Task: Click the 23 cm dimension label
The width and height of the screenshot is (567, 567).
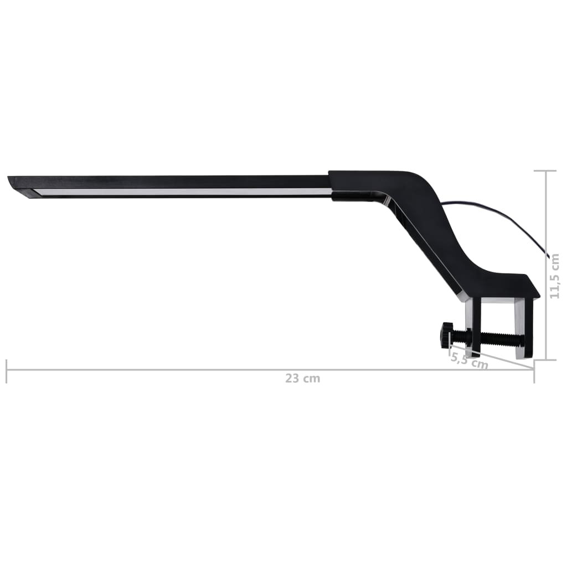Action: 303,379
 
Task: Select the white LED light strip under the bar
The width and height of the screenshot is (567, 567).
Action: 183,192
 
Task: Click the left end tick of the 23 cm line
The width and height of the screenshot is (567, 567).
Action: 7,370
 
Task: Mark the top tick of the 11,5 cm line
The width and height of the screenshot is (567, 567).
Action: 546,171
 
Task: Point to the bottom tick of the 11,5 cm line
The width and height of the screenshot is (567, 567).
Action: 546,360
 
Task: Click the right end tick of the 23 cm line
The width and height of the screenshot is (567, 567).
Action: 534,371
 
